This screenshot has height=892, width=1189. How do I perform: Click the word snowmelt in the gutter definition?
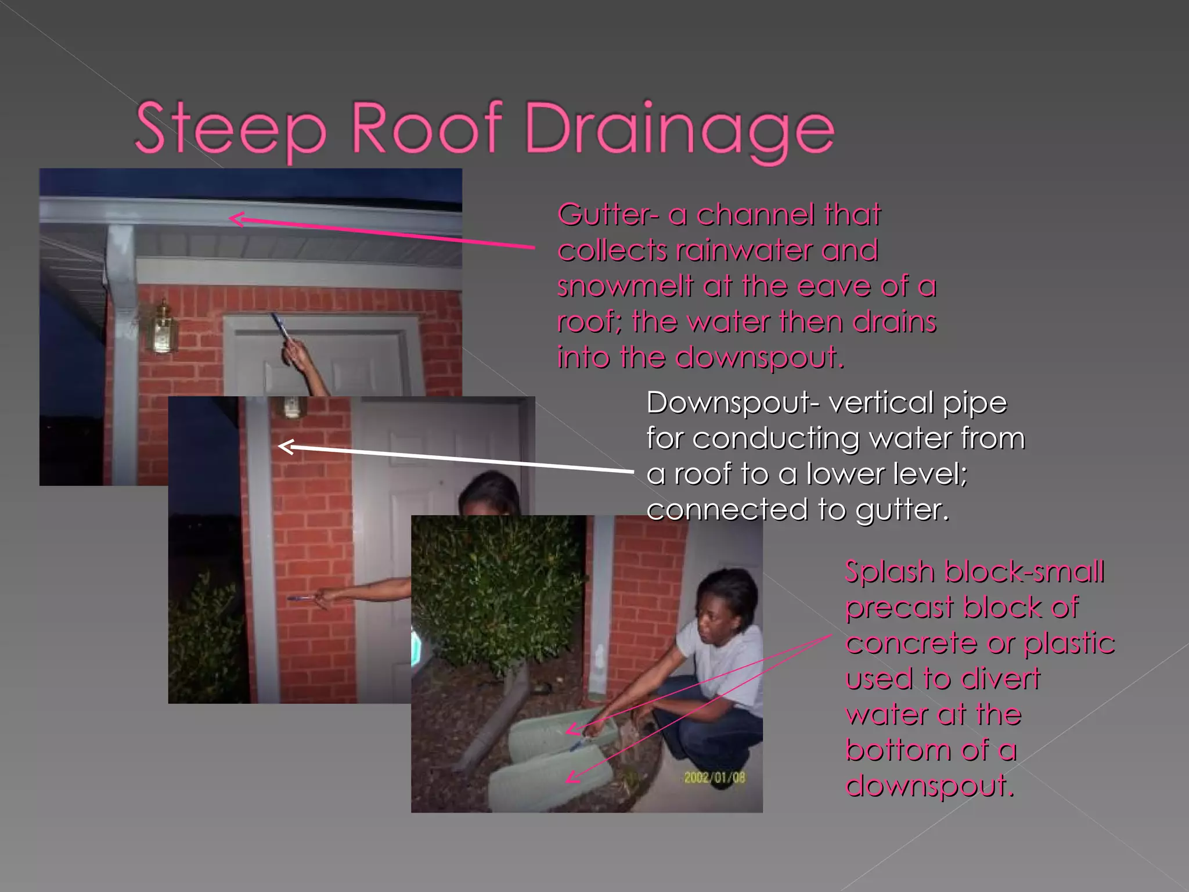625,286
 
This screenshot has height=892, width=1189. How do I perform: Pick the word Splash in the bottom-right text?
889,571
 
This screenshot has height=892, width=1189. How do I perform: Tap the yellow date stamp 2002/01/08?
714,777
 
